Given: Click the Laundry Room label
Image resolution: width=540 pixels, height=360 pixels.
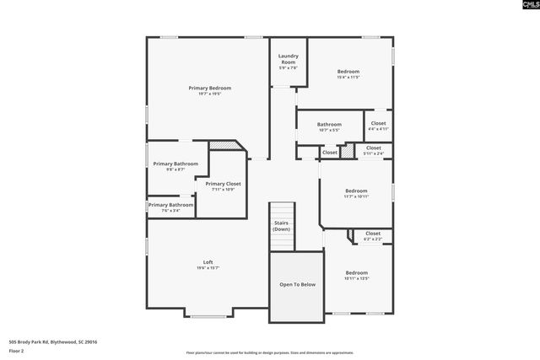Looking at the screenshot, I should tap(289, 59).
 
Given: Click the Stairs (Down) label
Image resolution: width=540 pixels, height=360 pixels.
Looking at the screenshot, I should tap(281, 226).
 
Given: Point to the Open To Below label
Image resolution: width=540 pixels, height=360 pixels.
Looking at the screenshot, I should tap(297, 285).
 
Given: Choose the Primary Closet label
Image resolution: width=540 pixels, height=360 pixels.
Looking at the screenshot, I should tap(223, 184).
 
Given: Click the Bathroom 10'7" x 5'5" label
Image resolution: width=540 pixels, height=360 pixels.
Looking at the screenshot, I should tap(329, 124).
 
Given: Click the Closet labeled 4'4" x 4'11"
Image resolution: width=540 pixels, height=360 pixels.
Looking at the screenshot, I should tap(378, 123).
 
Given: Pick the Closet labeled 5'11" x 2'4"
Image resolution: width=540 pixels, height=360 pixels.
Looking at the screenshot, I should tap(373, 148).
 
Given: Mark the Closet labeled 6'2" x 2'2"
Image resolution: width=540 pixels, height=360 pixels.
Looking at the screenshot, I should tap(373, 234).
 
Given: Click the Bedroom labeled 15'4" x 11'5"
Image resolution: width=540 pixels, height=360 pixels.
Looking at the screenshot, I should tap(348, 72).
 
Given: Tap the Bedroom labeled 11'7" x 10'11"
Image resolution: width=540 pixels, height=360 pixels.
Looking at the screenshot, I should tap(356, 191).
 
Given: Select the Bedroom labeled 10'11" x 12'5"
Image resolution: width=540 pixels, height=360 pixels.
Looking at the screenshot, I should tap(356, 273).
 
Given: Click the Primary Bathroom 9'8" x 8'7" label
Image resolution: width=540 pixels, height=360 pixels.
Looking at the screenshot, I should tap(175, 164).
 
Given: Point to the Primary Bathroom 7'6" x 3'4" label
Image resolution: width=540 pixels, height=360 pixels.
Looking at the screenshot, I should tap(171, 205).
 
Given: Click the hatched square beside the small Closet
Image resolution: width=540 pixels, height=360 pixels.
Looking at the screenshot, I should tap(346, 152).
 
